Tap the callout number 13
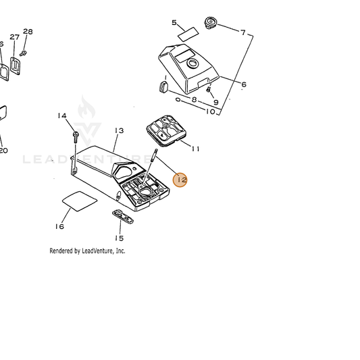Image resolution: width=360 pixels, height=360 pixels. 119,130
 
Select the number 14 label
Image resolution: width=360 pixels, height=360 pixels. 62,115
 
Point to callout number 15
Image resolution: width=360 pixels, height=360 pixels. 119,238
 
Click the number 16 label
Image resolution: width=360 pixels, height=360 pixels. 59,227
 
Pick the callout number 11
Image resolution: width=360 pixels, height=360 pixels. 195,149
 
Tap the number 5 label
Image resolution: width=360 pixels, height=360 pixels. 174,22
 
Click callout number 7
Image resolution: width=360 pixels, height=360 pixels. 243,32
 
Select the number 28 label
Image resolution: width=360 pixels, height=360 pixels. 28,32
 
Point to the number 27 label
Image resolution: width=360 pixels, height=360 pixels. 14,37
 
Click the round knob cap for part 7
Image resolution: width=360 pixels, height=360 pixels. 211,22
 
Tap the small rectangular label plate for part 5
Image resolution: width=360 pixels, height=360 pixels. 188,34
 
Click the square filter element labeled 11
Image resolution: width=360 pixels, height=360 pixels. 166,130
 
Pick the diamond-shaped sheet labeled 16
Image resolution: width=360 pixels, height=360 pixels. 80,201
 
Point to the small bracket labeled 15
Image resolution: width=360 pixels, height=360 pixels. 123,216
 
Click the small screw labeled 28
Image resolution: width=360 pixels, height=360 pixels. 23,53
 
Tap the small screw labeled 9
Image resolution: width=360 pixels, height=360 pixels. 209,89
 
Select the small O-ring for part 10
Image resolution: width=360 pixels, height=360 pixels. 178,100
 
